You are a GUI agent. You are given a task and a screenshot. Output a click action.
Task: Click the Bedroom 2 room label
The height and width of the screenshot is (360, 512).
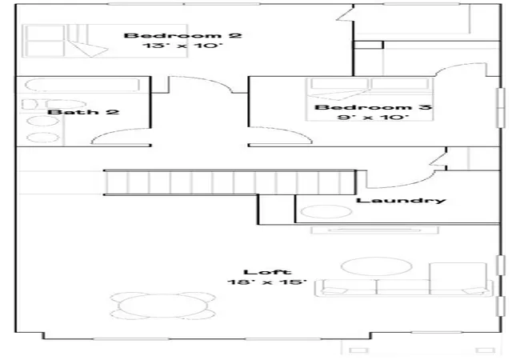[183, 35]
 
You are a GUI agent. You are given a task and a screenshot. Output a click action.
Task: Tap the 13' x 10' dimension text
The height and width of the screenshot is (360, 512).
[182, 45]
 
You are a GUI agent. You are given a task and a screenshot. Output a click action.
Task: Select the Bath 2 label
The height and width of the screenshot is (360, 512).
[83, 112]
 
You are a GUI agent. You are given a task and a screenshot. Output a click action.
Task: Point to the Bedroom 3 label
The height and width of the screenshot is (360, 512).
[374, 107]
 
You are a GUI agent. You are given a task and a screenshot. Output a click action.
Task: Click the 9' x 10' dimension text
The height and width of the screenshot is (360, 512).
[374, 117]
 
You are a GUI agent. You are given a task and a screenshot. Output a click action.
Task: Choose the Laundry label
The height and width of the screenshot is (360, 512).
[401, 201]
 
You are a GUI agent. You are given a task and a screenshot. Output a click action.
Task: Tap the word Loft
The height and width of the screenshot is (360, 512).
[267, 272]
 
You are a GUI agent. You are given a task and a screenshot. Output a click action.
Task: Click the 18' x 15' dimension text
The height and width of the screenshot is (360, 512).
[267, 282]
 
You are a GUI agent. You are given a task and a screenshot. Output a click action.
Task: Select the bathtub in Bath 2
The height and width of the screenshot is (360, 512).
[82, 85]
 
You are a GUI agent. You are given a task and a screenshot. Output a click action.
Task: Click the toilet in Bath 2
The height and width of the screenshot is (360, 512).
[54, 104]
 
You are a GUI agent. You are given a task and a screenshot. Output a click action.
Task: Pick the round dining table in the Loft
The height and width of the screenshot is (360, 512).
[163, 306]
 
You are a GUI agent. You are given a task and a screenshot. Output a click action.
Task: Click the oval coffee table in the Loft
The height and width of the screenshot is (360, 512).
[376, 266]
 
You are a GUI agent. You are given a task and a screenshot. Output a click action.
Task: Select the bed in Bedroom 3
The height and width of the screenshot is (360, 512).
[370, 99]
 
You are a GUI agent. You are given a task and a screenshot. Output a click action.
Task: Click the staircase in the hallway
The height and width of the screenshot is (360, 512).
[230, 182]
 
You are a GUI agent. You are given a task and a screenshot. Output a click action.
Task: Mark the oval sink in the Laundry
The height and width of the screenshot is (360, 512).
[326, 211]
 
